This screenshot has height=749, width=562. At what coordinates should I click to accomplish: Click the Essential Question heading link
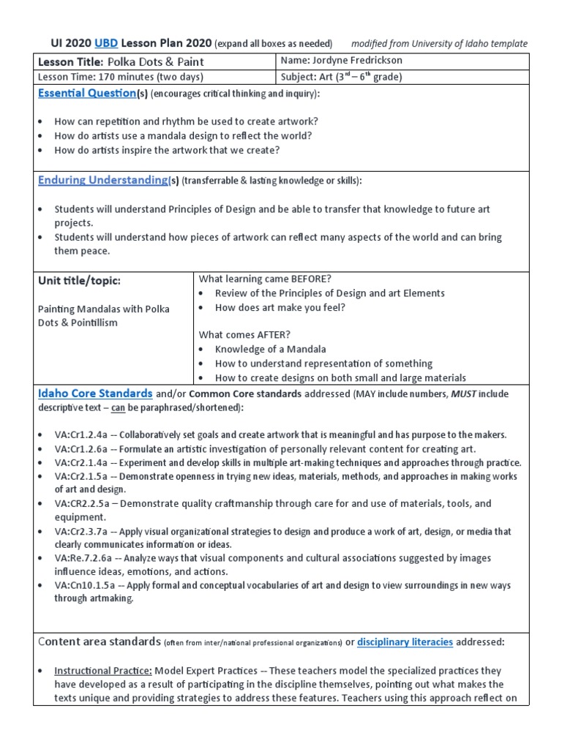(86, 94)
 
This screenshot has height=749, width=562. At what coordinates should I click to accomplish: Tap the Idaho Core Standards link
(95, 394)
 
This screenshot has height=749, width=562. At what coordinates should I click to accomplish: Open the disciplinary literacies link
(405, 642)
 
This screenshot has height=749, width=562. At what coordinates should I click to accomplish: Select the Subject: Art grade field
(342, 77)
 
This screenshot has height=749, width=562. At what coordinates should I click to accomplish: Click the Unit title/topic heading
(79, 281)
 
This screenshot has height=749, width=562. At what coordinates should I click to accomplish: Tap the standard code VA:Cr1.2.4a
(81, 434)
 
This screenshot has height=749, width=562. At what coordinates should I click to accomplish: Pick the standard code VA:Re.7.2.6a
(83, 558)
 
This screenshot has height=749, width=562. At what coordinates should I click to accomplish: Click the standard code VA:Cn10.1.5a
(83, 586)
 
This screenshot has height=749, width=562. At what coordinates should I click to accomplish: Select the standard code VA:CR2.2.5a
(83, 504)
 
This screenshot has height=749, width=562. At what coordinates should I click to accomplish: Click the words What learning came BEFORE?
(260, 279)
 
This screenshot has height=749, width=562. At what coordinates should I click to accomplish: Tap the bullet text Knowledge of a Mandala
(270, 349)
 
